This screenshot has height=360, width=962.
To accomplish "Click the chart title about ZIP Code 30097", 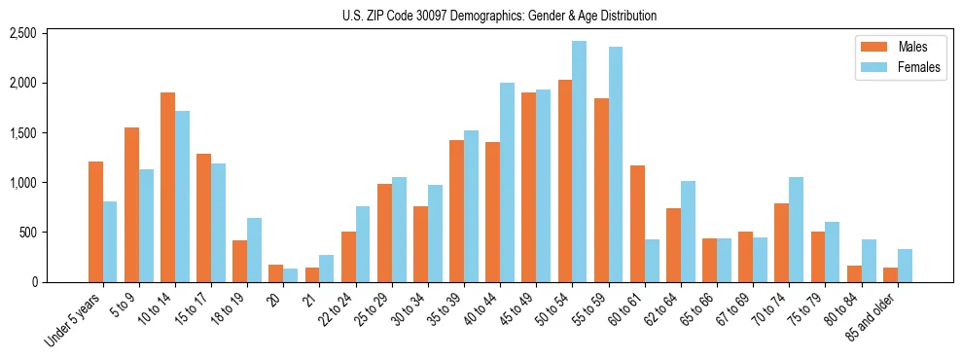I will [x=499, y=16].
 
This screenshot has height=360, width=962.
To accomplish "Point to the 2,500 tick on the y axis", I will [x=21, y=33].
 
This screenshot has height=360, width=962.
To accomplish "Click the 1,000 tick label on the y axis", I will [x=21, y=183].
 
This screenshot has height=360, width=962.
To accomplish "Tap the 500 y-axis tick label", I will [x=27, y=233].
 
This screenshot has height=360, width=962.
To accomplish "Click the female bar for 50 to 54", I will [x=579, y=162].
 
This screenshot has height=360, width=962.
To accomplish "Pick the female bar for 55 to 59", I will [x=615, y=164].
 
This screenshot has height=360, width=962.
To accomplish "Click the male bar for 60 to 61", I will [x=637, y=224].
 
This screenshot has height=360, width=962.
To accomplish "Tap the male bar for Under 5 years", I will [x=95, y=222].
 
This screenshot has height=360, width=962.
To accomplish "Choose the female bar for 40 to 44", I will [x=507, y=182].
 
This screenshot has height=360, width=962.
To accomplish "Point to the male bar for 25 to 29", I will [x=384, y=233].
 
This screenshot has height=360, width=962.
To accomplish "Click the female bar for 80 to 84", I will [x=868, y=261].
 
